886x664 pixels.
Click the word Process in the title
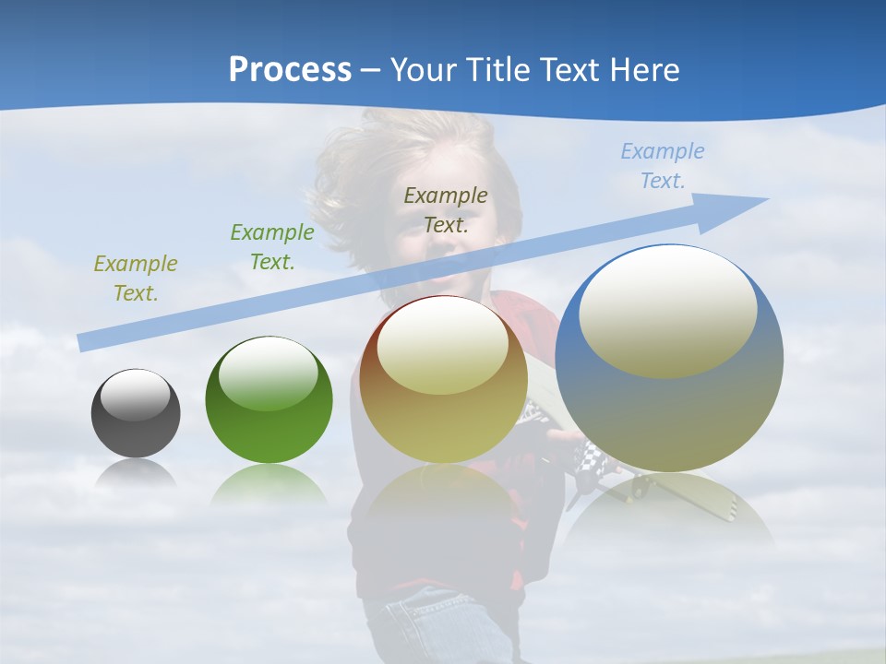[290, 70]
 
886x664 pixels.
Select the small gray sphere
[136, 413]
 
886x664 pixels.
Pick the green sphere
[269, 400]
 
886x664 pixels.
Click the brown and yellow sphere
[444, 380]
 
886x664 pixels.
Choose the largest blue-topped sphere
[669, 359]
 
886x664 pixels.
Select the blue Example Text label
[662, 166]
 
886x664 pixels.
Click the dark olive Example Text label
[446, 209]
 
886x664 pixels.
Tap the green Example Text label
[272, 247]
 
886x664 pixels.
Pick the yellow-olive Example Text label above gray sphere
[136, 279]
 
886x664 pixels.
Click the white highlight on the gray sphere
[136, 395]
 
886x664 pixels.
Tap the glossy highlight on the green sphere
[269, 373]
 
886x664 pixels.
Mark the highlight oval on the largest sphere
[668, 312]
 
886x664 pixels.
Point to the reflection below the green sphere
[269, 484]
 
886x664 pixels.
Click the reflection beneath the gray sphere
[136, 474]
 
